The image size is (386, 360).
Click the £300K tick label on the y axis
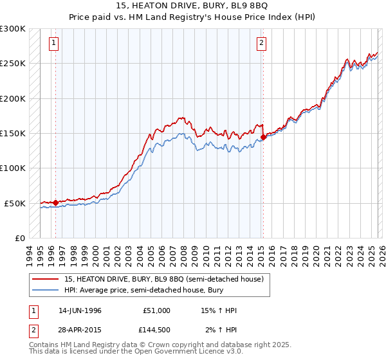[x=13, y=29]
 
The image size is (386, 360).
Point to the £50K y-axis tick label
[x=15, y=203]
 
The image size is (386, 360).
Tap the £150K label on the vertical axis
[x=13, y=134]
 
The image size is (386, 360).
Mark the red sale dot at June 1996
[x=56, y=203]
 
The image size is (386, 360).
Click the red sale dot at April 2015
[x=263, y=137]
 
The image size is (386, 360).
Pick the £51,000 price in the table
[x=157, y=310]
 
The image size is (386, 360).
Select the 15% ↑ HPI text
[x=219, y=310]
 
